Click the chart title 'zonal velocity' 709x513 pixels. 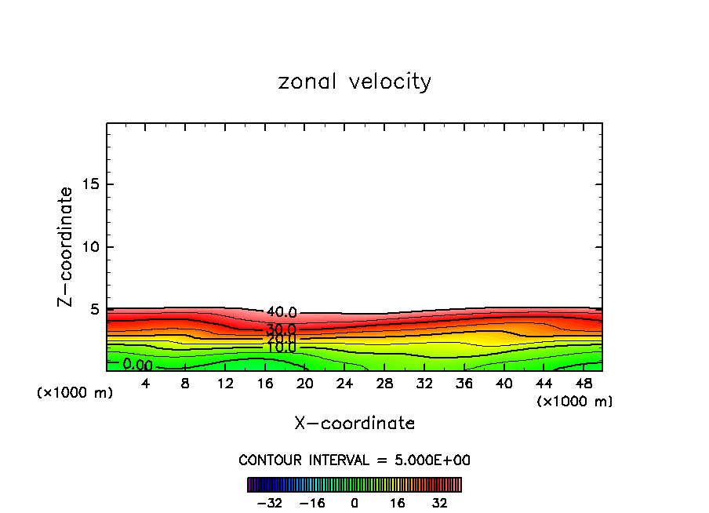coord(354,82)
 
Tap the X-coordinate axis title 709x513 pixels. coord(354,424)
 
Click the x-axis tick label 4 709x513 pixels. coord(145,384)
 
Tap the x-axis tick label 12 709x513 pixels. coord(225,384)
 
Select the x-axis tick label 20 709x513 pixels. coord(305,384)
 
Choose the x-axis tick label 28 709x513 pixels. coord(384,384)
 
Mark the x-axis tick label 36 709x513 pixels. coord(464,384)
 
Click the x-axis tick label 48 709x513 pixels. coord(584,384)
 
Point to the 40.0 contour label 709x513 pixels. coord(281,312)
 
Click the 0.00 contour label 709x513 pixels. coord(137,365)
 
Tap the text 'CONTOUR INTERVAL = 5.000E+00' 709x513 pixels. coord(354,460)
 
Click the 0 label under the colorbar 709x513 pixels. coord(354,503)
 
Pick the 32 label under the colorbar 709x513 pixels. coord(439,503)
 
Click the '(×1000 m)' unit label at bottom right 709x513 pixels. coord(575,402)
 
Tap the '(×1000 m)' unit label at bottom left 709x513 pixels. coord(75,393)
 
